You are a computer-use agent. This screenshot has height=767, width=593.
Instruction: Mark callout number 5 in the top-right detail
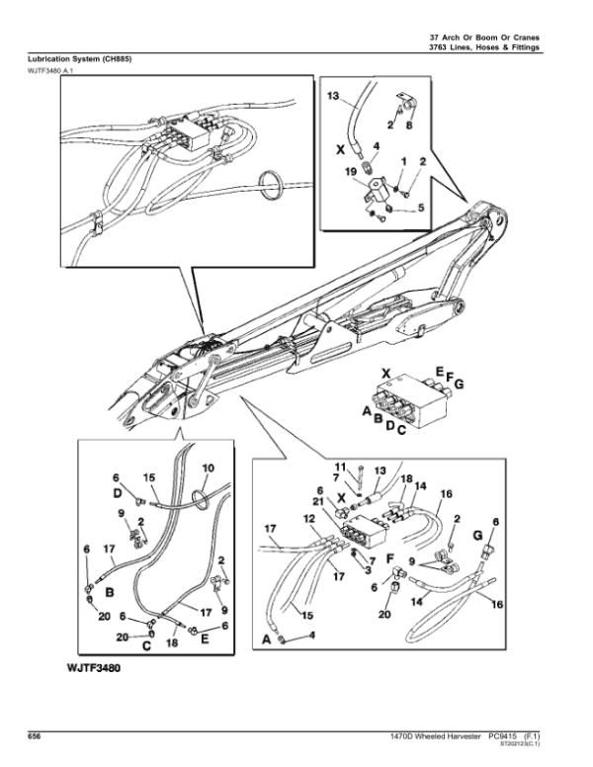[x=420, y=209]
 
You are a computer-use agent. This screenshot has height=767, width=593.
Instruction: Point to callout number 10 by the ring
[x=208, y=468]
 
